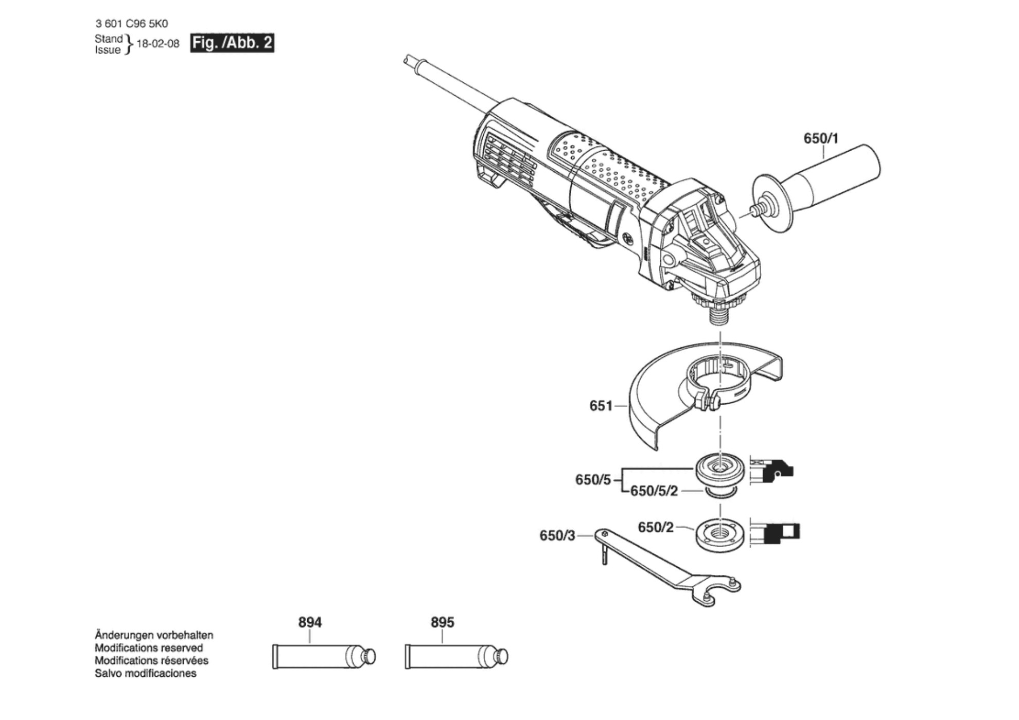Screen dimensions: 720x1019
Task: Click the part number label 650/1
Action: coord(820,138)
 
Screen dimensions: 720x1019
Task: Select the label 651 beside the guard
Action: coord(601,406)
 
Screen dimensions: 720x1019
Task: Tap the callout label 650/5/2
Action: coord(654,491)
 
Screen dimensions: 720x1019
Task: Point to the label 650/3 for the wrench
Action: coord(557,535)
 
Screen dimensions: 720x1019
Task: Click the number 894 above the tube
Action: coord(310,622)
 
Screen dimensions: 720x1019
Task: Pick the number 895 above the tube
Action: coord(442,622)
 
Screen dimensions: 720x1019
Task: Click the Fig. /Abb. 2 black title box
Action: coord(232,43)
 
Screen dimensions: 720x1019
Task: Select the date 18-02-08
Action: coord(158,44)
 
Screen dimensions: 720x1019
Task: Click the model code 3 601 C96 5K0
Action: coord(132,24)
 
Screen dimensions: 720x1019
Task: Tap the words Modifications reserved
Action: coord(149,648)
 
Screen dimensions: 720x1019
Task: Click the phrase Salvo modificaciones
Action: coord(146,673)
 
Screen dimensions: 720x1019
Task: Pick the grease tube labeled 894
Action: coord(319,657)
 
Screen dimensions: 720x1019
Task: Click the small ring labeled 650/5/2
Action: coord(720,493)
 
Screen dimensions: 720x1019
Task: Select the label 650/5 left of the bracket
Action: coord(593,480)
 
